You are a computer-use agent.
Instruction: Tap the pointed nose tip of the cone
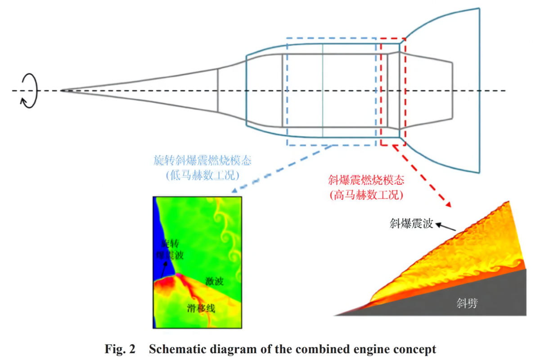click(x=62, y=90)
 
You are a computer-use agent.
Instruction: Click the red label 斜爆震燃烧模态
click(x=365, y=181)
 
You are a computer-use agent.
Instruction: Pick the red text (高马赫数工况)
click(x=365, y=195)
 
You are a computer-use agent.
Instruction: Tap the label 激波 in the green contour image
click(x=215, y=281)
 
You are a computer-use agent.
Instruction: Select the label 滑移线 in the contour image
click(x=201, y=308)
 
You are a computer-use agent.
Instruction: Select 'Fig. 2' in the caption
click(x=120, y=349)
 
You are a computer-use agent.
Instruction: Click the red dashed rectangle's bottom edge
click(x=393, y=145)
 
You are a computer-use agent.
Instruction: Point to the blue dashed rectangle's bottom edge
click(x=331, y=145)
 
